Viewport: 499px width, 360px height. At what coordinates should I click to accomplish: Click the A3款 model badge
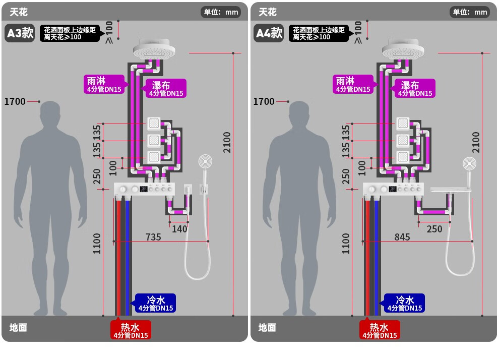click(20, 33)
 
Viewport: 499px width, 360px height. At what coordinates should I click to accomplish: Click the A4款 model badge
click(269, 33)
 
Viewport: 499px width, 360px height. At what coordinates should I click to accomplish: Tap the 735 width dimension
click(153, 237)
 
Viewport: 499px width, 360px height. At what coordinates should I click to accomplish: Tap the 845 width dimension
click(402, 237)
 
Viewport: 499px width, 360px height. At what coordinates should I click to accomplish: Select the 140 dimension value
click(179, 229)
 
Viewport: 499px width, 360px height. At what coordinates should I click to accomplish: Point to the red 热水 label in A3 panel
click(131, 330)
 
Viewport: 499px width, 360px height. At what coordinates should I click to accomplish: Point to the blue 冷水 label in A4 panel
click(404, 303)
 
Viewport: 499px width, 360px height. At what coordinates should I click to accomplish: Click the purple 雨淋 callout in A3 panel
click(104, 84)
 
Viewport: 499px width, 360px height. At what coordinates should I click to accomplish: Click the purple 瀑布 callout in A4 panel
click(415, 88)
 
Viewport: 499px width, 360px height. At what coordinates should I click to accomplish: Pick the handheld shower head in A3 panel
click(205, 161)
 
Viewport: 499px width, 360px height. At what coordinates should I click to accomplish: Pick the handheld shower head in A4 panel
click(469, 164)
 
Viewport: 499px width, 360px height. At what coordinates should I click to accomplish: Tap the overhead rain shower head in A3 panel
click(154, 49)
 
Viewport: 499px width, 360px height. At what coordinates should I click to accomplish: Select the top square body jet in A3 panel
click(154, 124)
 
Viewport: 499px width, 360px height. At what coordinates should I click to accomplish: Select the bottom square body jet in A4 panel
click(403, 157)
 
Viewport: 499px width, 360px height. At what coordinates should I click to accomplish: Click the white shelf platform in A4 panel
click(450, 190)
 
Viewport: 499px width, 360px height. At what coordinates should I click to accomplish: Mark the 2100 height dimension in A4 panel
click(476, 143)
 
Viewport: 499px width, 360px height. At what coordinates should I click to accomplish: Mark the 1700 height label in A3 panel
click(15, 101)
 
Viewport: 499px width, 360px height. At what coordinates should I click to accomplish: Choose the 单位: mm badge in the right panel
click(470, 12)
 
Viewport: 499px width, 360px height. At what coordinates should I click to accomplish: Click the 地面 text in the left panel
click(18, 328)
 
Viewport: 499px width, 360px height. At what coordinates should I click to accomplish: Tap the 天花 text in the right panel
click(268, 12)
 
